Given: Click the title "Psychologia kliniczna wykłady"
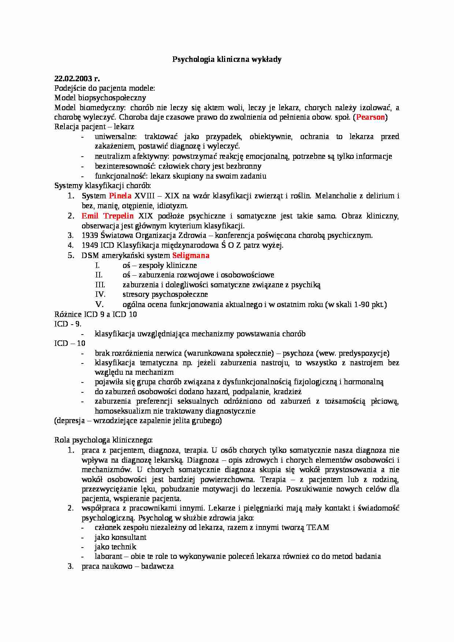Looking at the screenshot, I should [227, 59].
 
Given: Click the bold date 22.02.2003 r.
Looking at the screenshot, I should [77, 78].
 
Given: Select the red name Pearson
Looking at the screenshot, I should [371, 117].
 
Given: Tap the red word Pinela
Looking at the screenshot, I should [120, 196].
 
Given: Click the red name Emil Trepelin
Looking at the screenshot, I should [107, 216].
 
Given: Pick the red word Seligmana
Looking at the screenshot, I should [191, 255].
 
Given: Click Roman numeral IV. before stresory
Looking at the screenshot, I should [100, 294].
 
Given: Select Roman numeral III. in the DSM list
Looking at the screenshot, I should [100, 285].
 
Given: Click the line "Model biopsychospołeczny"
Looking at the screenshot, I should [100, 98].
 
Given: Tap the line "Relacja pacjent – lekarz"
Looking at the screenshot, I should [94, 127].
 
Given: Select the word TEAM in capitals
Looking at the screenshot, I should [318, 527].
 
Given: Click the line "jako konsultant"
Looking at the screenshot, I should [120, 537].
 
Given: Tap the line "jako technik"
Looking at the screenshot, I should [115, 547].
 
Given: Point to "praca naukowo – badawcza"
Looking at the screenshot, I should [127, 566].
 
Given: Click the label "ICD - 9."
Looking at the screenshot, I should [68, 324].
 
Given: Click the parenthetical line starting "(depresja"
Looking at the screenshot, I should [138, 421].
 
